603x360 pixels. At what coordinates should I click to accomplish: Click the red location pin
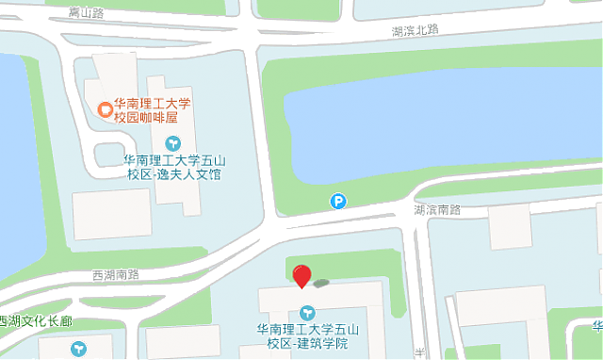coord(301,276)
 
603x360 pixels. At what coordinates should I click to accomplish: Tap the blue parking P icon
coord(337,200)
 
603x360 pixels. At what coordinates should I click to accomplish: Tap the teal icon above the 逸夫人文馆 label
coord(172,143)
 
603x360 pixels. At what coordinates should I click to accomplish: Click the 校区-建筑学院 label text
coord(306,342)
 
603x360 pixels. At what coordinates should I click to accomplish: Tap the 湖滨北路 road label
coord(416,30)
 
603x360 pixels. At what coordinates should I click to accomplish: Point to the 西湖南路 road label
coord(116,274)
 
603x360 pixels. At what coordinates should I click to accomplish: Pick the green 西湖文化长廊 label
coord(38,321)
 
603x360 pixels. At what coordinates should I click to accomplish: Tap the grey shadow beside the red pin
coord(323,282)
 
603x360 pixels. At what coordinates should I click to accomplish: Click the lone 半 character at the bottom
coord(418,352)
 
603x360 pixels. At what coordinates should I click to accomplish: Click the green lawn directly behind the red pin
coord(349,265)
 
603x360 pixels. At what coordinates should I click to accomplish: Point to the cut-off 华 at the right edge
coord(597,327)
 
